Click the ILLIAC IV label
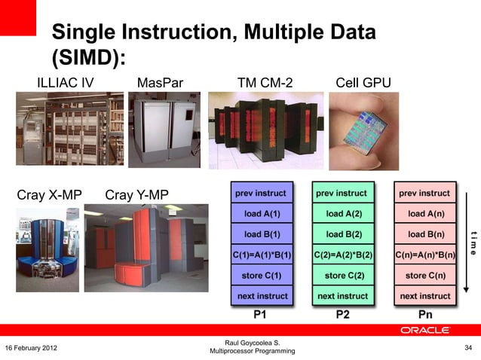66,82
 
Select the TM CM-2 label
265,82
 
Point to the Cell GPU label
363,82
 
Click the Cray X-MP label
49,196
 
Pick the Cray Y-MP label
136,196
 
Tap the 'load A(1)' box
262,214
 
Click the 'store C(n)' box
426,276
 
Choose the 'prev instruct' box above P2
344,194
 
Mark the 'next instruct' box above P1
262,296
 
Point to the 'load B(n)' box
426,234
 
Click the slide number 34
467,347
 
